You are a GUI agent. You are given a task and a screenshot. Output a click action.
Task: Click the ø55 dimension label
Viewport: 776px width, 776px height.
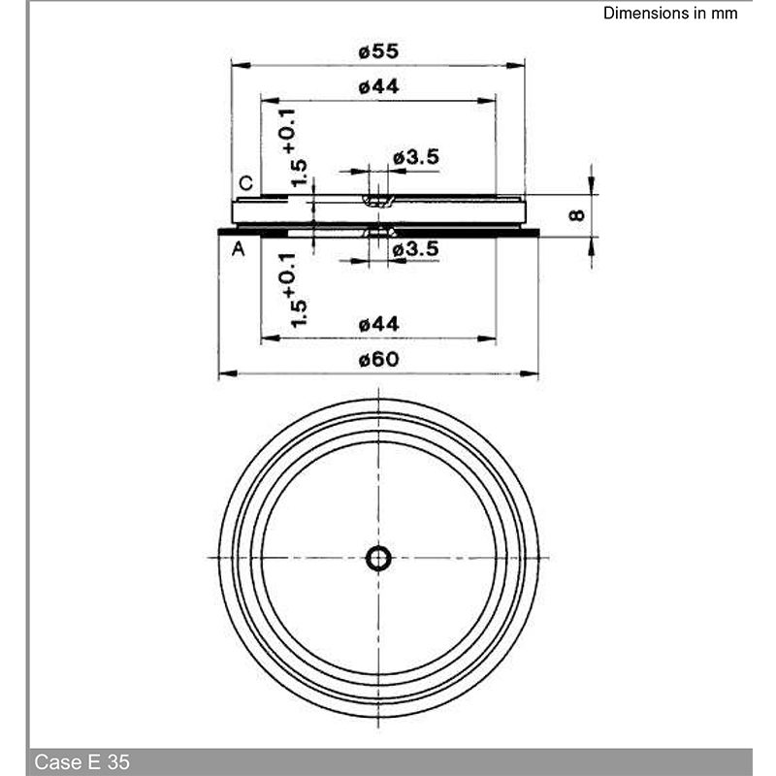coord(378,51)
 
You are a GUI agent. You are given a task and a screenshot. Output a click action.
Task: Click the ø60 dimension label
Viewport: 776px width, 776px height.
coord(378,359)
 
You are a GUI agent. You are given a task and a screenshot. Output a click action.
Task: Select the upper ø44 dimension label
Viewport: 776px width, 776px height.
coord(378,86)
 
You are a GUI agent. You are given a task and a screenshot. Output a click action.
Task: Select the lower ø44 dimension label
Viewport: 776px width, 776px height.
coord(378,325)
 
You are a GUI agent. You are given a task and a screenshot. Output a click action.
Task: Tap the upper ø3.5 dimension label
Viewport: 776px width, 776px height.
coord(416,157)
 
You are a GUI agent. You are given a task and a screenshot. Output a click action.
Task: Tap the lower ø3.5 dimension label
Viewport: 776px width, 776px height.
coord(416,248)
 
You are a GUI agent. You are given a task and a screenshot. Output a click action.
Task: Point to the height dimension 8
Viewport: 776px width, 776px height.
coord(577,215)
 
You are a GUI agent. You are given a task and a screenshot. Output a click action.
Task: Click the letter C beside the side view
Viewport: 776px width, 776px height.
coord(246,183)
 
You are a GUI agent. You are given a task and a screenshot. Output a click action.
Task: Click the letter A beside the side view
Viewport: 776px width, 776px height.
coord(238,248)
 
